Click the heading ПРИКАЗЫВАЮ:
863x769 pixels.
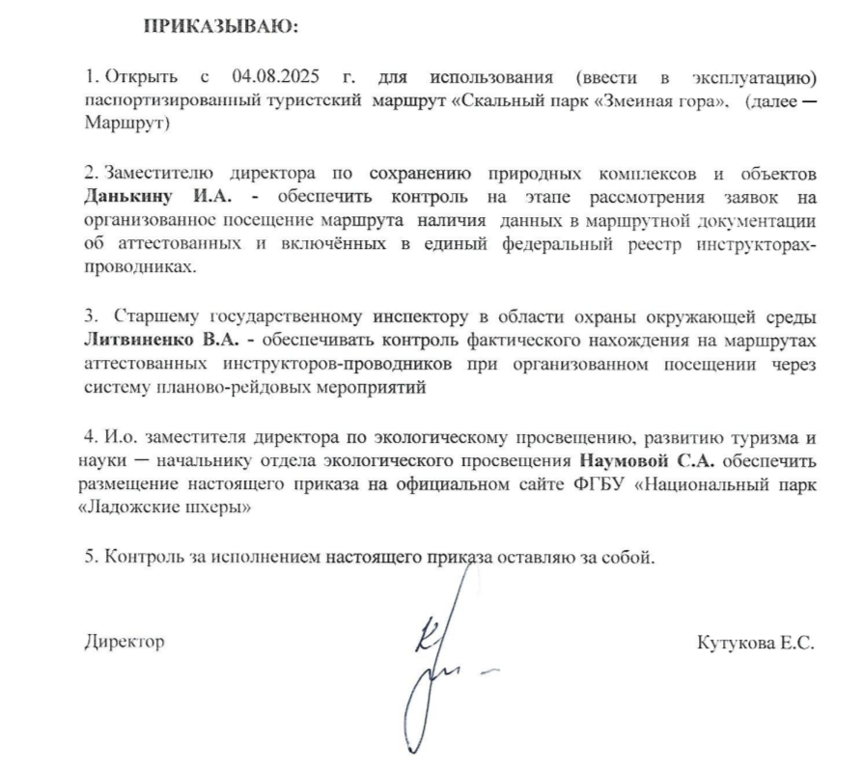tap(222, 27)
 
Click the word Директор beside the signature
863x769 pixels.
tap(125, 642)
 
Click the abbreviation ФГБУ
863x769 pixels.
tap(604, 485)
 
